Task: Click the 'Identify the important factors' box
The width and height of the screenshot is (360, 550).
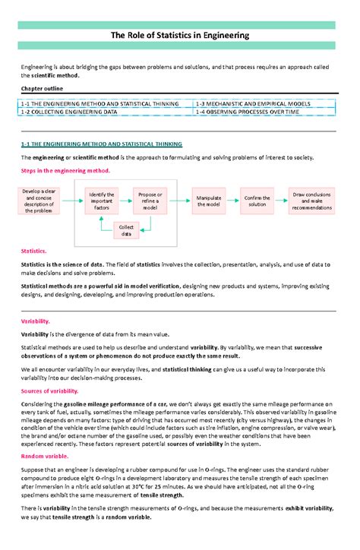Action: pyautogui.click(x=101, y=201)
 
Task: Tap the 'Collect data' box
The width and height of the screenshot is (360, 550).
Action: pyautogui.click(x=126, y=231)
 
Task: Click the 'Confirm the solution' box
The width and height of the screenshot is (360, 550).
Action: pyautogui.click(x=257, y=201)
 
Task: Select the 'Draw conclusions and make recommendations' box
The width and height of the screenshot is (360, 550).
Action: pyautogui.click(x=312, y=201)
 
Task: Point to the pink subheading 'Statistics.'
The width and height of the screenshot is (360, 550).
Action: pyautogui.click(x=35, y=251)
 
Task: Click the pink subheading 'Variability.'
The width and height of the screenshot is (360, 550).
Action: pyautogui.click(x=36, y=321)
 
